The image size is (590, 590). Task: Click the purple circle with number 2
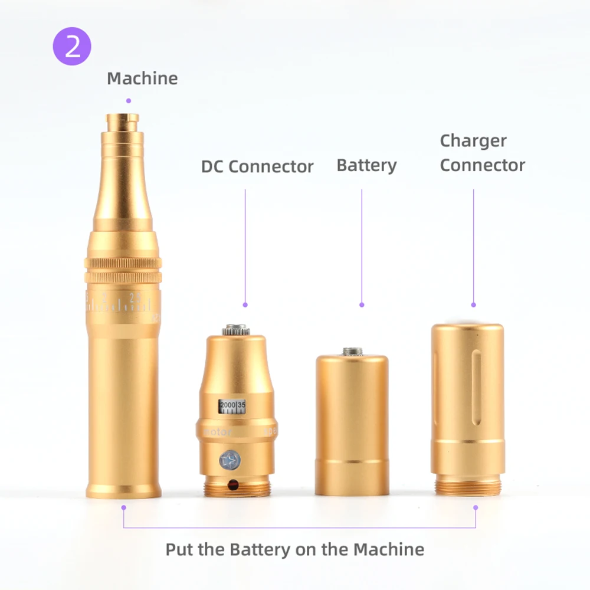[x=73, y=47]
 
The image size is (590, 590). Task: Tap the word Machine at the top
[x=142, y=78]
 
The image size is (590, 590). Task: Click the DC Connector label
[x=257, y=166]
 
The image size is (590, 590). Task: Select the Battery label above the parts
[x=366, y=165]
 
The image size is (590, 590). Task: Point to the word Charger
[x=473, y=141]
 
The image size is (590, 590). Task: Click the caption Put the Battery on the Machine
[x=294, y=549]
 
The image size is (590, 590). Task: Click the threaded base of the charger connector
[x=468, y=486]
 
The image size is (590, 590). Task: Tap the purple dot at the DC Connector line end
[x=245, y=305]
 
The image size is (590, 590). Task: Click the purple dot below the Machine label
[x=129, y=101]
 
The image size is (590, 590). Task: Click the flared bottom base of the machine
[x=123, y=489]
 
